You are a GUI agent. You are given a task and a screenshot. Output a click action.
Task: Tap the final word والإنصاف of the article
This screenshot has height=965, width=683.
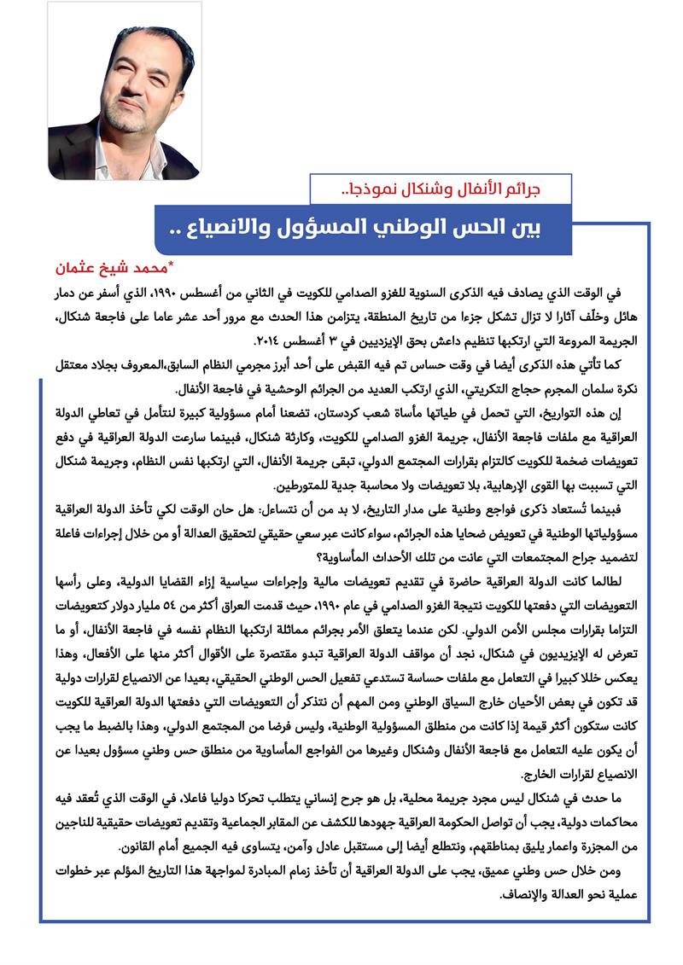point(90,894)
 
